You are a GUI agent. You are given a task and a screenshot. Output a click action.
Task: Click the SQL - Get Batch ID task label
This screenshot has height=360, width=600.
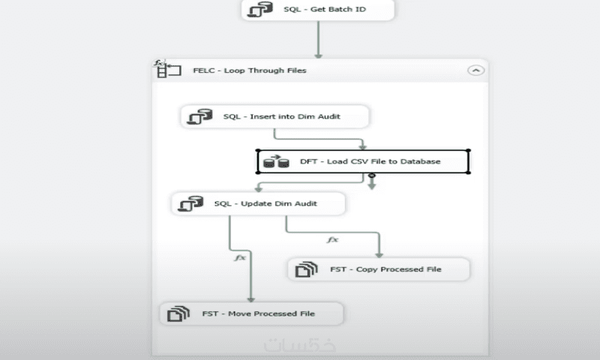(x=325, y=9)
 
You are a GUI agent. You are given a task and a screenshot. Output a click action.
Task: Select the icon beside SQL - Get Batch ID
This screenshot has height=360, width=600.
(x=259, y=10)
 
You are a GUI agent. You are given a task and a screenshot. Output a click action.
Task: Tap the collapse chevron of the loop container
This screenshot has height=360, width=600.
(x=475, y=70)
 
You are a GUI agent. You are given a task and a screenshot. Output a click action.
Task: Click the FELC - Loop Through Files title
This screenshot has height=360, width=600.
(x=250, y=70)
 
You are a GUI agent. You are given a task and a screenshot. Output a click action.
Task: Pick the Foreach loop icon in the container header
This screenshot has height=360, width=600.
(x=167, y=69)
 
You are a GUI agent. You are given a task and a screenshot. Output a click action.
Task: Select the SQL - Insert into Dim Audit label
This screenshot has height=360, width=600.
(x=282, y=116)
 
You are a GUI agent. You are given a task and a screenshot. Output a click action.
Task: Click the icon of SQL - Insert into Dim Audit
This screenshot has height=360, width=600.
(x=199, y=117)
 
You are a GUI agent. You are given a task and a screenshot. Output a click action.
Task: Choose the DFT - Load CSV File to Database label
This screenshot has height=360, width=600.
(x=370, y=161)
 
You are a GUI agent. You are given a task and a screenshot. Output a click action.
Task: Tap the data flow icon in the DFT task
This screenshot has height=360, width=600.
(x=276, y=162)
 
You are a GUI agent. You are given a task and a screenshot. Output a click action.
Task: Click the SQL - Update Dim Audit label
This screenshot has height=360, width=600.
(x=265, y=203)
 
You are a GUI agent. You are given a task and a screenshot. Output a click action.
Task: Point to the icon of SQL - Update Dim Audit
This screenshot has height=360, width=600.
(x=190, y=204)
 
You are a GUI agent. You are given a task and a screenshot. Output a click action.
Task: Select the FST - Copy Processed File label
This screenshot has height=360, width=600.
(x=385, y=269)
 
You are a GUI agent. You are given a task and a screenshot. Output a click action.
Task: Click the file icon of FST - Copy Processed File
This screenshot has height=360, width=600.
(x=306, y=269)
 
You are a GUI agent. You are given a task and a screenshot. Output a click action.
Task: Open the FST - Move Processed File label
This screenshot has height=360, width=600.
(x=258, y=313)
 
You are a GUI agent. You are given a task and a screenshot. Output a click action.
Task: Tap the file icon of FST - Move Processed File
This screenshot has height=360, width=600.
(x=178, y=313)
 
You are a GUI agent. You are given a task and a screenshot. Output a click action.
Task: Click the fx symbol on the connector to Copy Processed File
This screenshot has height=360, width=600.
(x=332, y=240)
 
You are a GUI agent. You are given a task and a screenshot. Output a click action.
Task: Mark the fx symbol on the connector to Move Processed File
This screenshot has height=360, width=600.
(x=240, y=257)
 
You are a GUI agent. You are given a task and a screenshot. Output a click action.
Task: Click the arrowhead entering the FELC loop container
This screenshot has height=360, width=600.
(x=318, y=55)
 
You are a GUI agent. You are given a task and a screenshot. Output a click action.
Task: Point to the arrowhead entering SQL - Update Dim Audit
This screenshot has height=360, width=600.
(x=259, y=189)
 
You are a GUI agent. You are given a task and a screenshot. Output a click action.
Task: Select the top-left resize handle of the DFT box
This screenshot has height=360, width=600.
(x=258, y=151)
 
